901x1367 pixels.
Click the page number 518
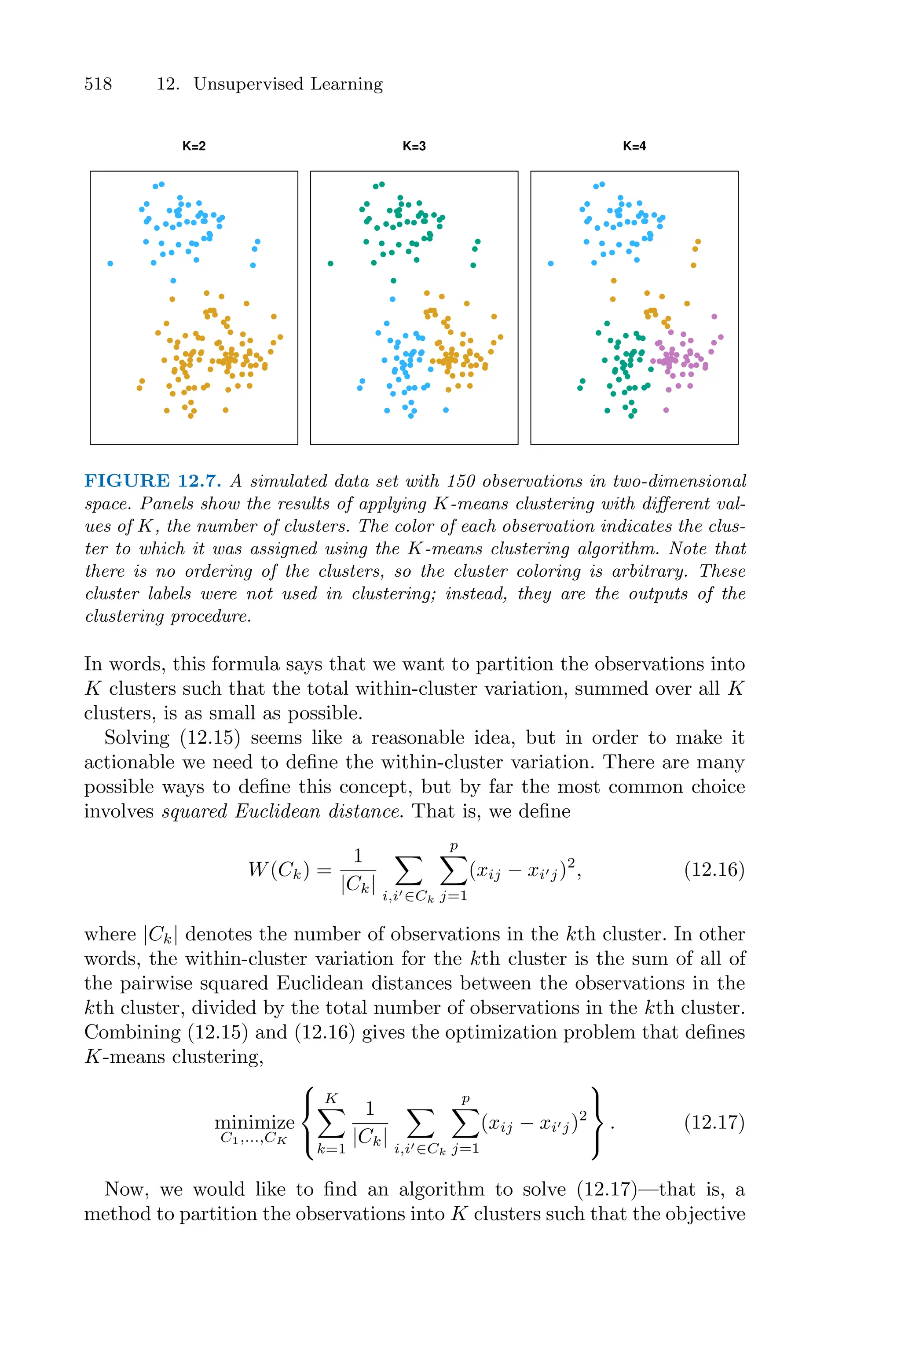coord(98,84)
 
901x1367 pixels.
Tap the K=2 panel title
coord(194,146)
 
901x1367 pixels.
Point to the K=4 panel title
coord(634,146)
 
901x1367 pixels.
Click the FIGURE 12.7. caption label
coord(152,481)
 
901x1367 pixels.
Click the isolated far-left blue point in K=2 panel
coord(110,263)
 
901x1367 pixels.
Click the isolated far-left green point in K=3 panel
coord(330,263)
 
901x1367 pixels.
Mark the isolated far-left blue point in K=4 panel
coord(550,263)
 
